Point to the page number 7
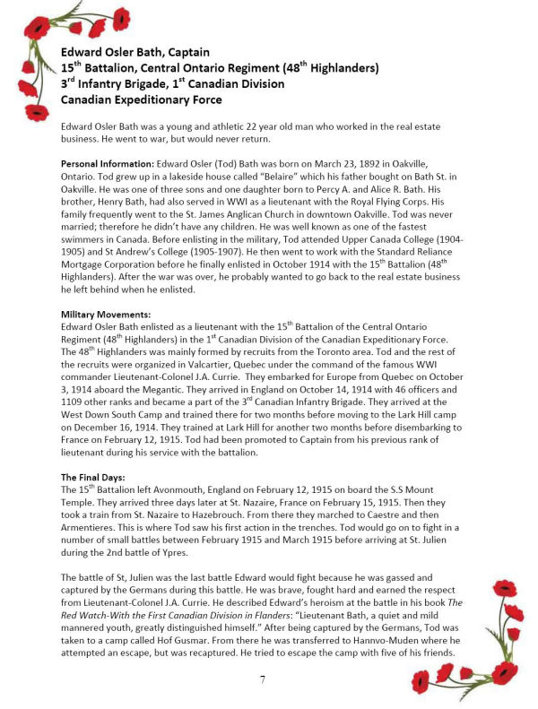[x=262, y=679]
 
